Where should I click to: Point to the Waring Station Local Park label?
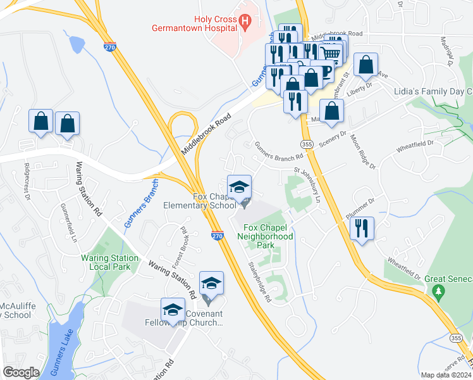[110, 262]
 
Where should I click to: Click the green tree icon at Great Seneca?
[438, 291]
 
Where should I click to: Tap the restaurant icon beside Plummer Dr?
[361, 228]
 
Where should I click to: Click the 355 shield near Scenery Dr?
[307, 144]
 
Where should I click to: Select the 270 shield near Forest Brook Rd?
[217, 236]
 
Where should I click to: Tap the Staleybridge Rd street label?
[260, 282]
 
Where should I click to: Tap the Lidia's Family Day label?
[433, 92]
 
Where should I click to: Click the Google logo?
[21, 372]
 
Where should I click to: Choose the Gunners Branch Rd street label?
[279, 156]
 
